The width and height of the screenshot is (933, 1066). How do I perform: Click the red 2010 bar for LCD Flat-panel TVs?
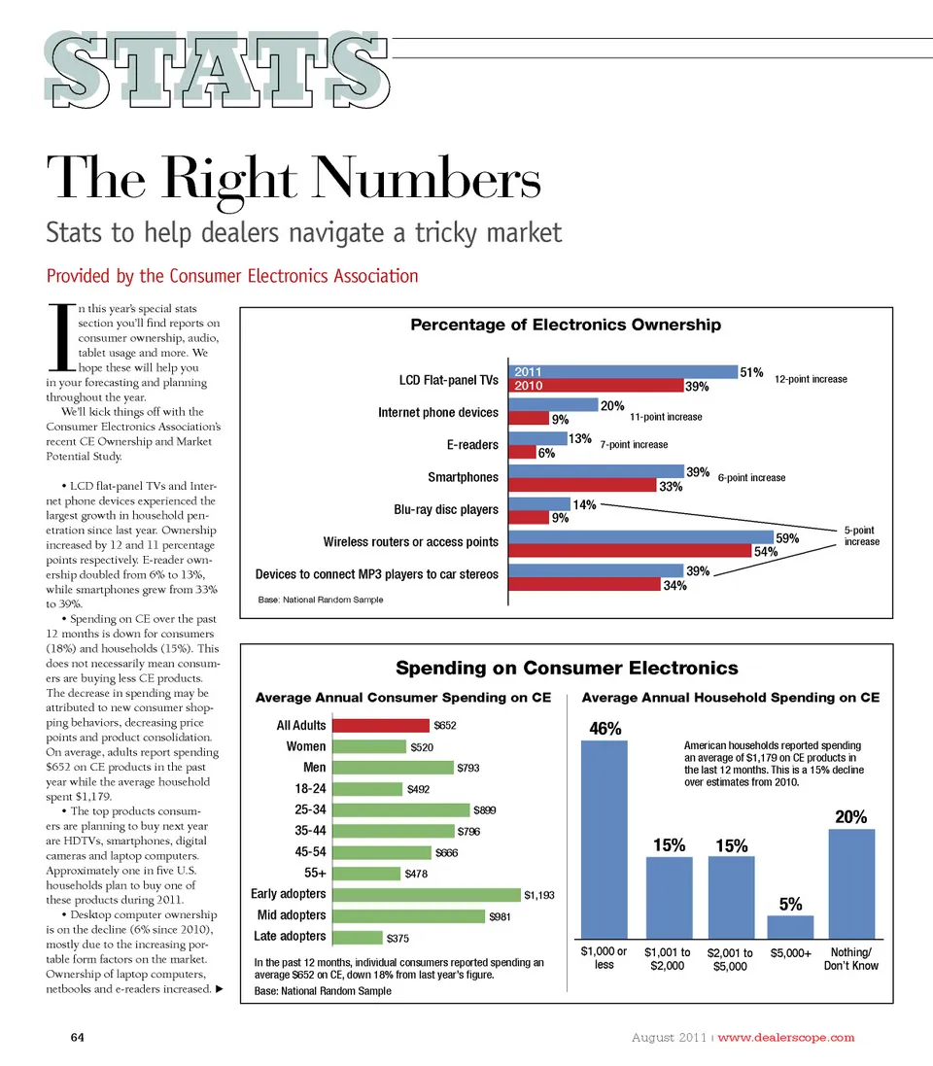597,386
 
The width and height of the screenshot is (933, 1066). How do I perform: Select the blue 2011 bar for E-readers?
537,438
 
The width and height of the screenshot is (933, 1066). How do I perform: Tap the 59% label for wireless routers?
786,536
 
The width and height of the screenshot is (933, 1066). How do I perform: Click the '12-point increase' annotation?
811,379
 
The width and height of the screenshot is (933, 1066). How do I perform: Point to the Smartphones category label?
463,477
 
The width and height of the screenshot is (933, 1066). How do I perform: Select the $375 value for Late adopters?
398,939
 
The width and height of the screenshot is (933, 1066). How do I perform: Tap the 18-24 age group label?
310,788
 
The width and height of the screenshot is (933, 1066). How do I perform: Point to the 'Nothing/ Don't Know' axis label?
851,959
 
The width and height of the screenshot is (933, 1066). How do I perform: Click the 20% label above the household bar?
851,817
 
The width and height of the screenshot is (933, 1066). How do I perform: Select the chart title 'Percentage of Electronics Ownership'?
566,325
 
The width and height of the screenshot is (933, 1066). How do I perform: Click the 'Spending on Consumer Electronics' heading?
567,668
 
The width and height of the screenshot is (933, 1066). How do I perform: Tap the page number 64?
79,1037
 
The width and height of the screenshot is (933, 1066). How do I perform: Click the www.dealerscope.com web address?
785,1037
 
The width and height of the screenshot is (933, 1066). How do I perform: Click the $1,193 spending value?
539,895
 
